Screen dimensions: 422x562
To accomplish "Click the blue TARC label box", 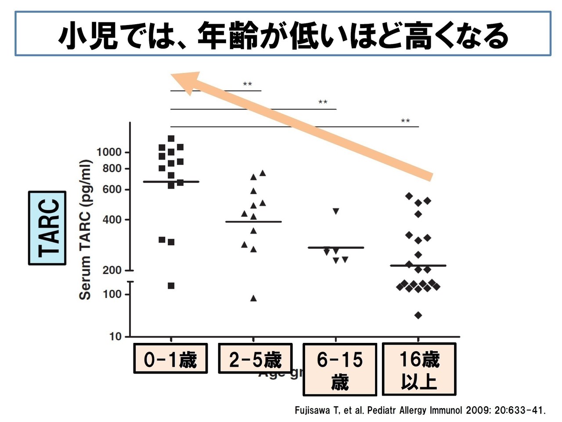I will point(47,228).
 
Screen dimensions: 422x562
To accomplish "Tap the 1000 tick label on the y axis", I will point(109,153).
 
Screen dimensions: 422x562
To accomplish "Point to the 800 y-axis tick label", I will point(112,168).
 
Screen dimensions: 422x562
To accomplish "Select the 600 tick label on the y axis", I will point(112,189).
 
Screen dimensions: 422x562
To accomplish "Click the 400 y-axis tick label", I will point(112,219).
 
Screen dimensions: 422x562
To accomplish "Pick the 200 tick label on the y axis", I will point(112,270).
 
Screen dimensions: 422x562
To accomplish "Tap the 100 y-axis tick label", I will point(112,294).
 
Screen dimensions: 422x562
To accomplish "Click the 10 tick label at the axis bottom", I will point(115,337).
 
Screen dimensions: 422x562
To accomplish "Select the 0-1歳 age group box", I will point(170,359).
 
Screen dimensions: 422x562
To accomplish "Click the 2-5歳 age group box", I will point(255,359).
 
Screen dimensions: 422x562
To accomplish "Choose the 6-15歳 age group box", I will point(340,370).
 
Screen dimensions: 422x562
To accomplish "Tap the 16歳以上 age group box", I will point(419,370).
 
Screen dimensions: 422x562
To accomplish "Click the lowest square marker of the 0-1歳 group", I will point(171,286).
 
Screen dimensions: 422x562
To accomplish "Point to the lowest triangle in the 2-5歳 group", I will point(253,298).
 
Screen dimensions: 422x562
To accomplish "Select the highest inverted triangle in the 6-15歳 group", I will point(336,211).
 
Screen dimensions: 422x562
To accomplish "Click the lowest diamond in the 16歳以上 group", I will point(418,315).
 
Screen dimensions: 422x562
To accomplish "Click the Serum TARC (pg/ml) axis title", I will point(85,230).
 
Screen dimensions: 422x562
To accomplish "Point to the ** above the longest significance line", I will point(405,121).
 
